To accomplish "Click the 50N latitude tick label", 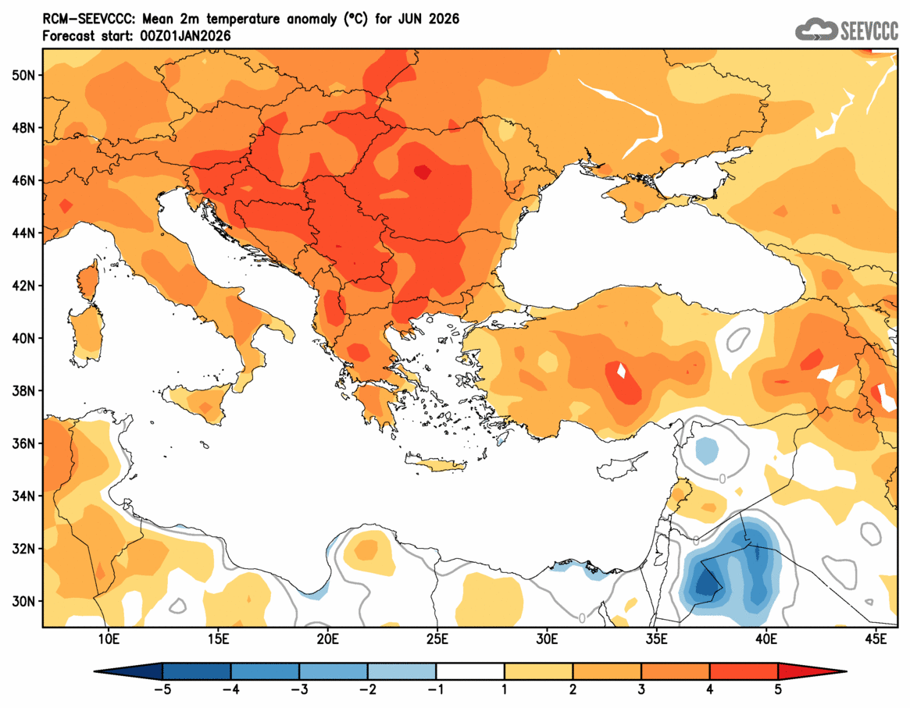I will [x=23, y=75].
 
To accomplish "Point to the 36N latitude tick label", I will [x=23, y=443].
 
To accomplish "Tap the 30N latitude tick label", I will [x=23, y=601].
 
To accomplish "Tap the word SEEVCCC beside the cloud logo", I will [x=869, y=30].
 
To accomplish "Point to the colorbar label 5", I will [x=778, y=689].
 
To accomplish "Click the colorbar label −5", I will [x=162, y=689].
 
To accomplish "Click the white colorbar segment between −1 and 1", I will [x=470, y=671].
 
